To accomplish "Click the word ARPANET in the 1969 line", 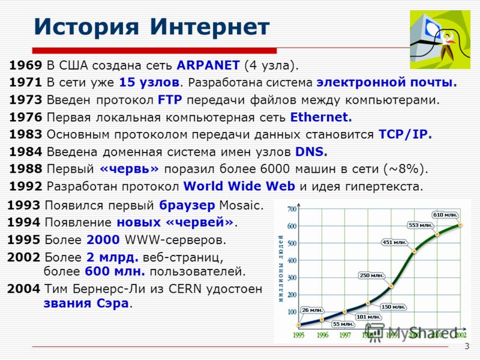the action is pos(208,65).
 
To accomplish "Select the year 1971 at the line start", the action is pos(25,82).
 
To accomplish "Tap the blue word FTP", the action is pos(170,100).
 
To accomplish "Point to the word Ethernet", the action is pos(321,117).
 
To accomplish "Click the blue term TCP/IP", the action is pos(406,134).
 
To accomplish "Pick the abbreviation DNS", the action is pos(311,152).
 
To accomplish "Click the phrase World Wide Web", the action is pos(239,186).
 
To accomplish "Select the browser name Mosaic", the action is pos(242,205).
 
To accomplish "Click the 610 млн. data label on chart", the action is pos(445,215).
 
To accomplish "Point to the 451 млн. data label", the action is pos(394,242).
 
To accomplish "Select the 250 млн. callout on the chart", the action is pos(371,275).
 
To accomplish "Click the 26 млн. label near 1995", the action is pos(313,310).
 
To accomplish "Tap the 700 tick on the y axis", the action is pos(292,209).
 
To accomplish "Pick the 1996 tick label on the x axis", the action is pos(322,335).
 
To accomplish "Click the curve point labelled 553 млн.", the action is pos(437,235).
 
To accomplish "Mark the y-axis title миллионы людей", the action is pos(281,269).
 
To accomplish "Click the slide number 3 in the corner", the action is pos(467,346).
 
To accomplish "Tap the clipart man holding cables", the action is pos(448,44).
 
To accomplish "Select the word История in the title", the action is pos(86,27).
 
